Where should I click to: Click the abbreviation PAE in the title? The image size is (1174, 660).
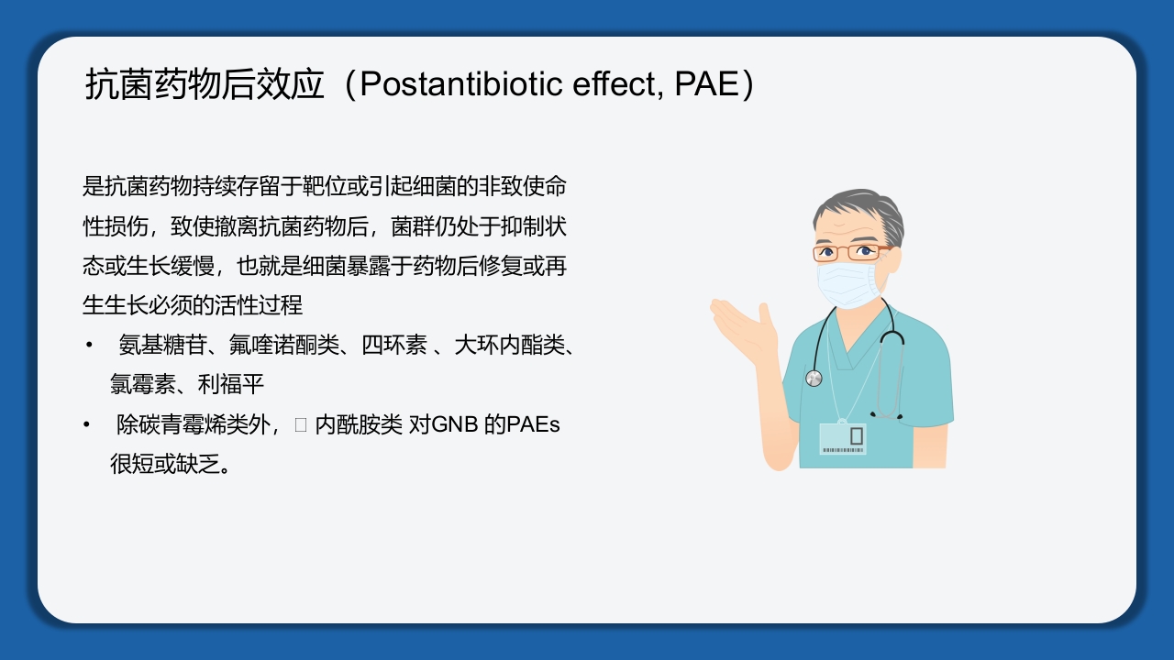(x=706, y=84)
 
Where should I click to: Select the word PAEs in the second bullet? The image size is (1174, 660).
(x=533, y=425)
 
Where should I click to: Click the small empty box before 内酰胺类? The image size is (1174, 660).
(x=301, y=425)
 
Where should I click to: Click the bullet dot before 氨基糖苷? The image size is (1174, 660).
(x=89, y=346)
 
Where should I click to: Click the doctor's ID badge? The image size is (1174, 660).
(x=842, y=438)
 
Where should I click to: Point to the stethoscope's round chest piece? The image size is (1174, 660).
(x=814, y=378)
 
